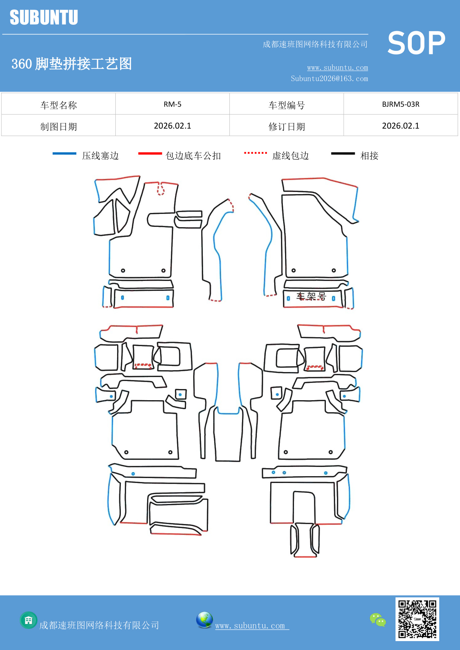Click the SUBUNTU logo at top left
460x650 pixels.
(x=44, y=17)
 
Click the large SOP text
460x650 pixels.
(x=416, y=43)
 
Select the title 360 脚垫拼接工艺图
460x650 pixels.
(x=72, y=64)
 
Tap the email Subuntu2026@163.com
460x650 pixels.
(x=329, y=79)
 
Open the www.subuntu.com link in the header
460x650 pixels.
(x=337, y=67)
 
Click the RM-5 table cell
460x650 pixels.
(x=172, y=104)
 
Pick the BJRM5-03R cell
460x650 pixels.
(x=400, y=104)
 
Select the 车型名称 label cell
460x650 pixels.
(x=59, y=105)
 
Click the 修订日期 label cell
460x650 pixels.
(x=287, y=127)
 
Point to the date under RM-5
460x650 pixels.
(x=172, y=126)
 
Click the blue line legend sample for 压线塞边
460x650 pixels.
(x=64, y=153)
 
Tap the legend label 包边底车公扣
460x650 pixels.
(x=193, y=156)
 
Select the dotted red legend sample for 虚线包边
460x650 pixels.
(x=255, y=153)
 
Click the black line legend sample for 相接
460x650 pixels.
(x=343, y=153)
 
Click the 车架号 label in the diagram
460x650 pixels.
(x=311, y=296)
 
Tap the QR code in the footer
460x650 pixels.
(x=417, y=619)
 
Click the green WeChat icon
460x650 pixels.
(x=378, y=620)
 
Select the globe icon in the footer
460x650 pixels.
(x=204, y=620)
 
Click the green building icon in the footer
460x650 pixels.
(x=29, y=620)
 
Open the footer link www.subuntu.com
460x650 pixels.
(x=250, y=626)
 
